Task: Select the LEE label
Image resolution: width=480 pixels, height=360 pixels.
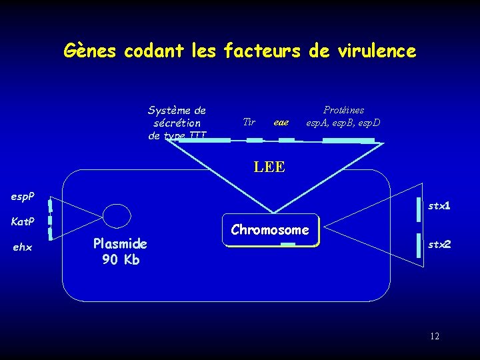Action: point(269,167)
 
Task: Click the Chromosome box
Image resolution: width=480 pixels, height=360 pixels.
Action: point(270,230)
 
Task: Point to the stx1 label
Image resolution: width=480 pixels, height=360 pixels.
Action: point(439,206)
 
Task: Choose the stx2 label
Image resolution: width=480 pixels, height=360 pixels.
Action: point(439,245)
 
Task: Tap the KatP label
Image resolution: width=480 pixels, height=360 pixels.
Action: point(23,221)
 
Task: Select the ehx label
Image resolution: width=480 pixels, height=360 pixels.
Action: point(23,247)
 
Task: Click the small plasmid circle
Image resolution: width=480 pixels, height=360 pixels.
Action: point(117,216)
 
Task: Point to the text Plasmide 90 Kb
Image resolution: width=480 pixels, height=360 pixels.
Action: point(120,251)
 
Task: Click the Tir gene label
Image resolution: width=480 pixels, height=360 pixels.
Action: point(249,122)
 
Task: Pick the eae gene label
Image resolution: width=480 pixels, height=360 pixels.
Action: point(281,123)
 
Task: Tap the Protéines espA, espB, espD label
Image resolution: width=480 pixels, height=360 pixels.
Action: point(343,116)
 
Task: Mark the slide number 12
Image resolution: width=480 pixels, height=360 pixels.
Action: point(434,336)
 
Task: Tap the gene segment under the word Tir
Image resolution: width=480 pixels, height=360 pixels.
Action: point(255,140)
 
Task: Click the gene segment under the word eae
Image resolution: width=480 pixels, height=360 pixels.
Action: point(287,140)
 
